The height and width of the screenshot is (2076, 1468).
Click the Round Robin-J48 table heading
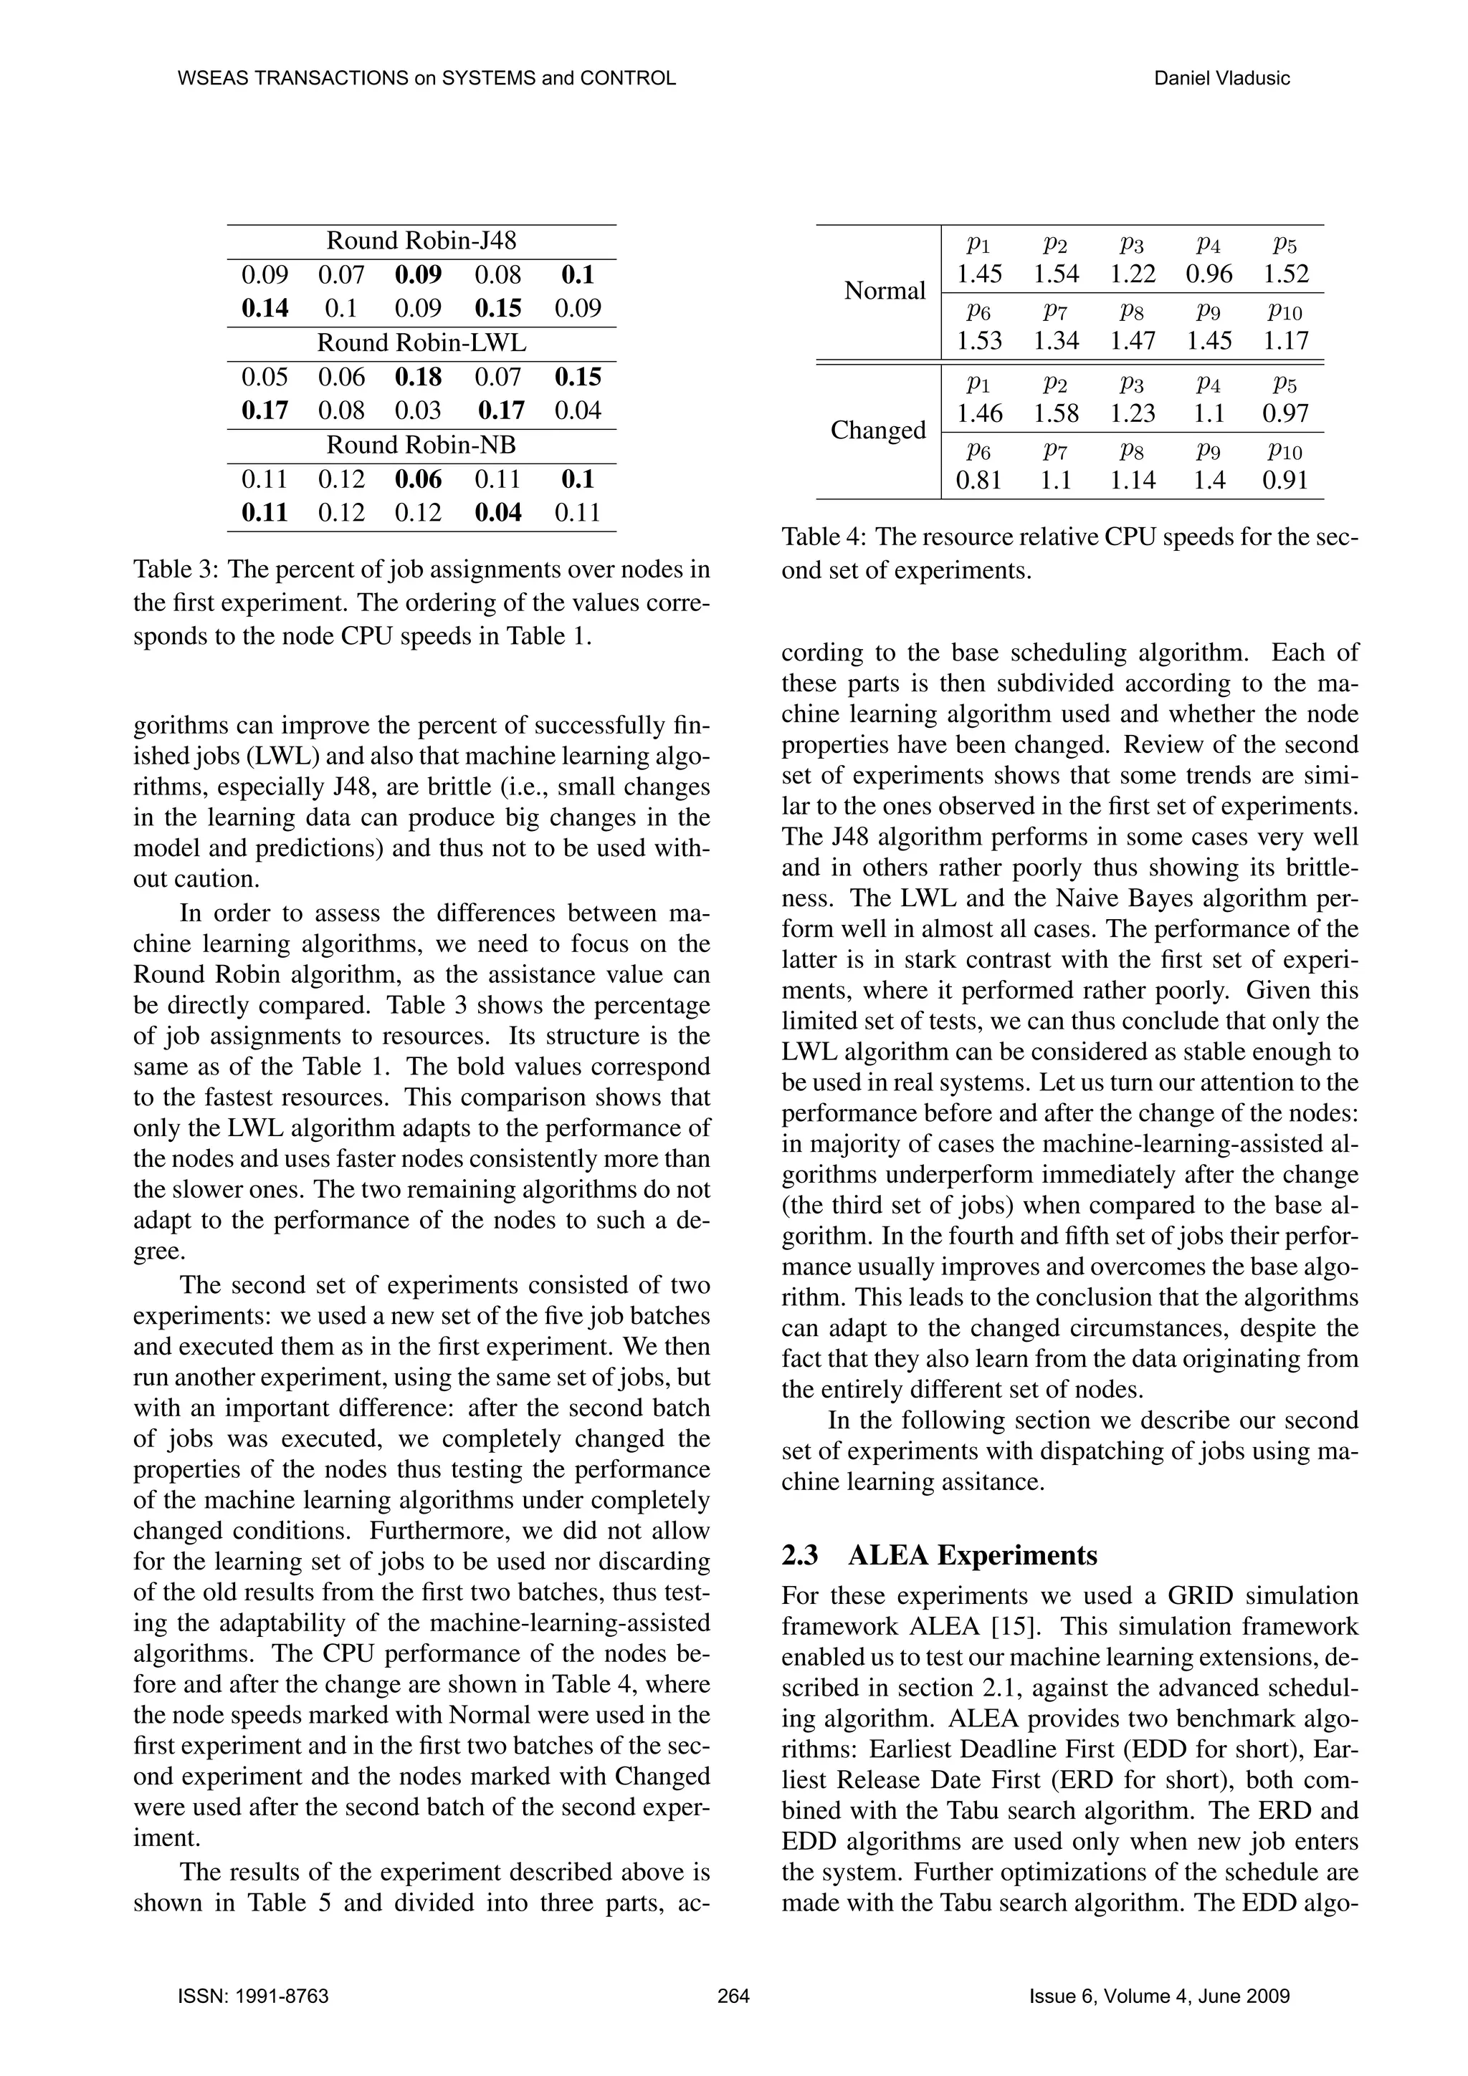pyautogui.click(x=421, y=241)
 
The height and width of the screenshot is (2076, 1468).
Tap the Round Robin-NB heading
pyautogui.click(x=421, y=445)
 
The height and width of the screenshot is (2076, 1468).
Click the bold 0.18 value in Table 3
pyautogui.click(x=418, y=377)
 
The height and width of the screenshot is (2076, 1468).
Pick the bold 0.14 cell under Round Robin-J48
pyautogui.click(x=265, y=308)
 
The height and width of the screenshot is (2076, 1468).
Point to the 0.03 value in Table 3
pyautogui.click(x=418, y=410)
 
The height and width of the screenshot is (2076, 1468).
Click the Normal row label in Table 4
pyautogui.click(x=885, y=291)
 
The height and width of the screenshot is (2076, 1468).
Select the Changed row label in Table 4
pyautogui.click(x=878, y=431)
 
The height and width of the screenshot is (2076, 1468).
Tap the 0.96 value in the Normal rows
pyautogui.click(x=1209, y=274)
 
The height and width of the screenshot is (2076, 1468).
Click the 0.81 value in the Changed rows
pyautogui.click(x=978, y=480)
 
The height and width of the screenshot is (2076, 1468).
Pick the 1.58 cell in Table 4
pyautogui.click(x=1057, y=413)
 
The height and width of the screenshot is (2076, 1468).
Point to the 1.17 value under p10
pyautogui.click(x=1285, y=341)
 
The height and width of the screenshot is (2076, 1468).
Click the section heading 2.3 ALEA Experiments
pyautogui.click(x=939, y=1555)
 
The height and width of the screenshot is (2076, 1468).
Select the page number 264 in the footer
pyautogui.click(x=733, y=1996)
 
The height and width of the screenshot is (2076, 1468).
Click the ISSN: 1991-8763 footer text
pyautogui.click(x=253, y=1996)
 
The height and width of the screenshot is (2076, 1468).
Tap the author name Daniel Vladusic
pyautogui.click(x=1222, y=78)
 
